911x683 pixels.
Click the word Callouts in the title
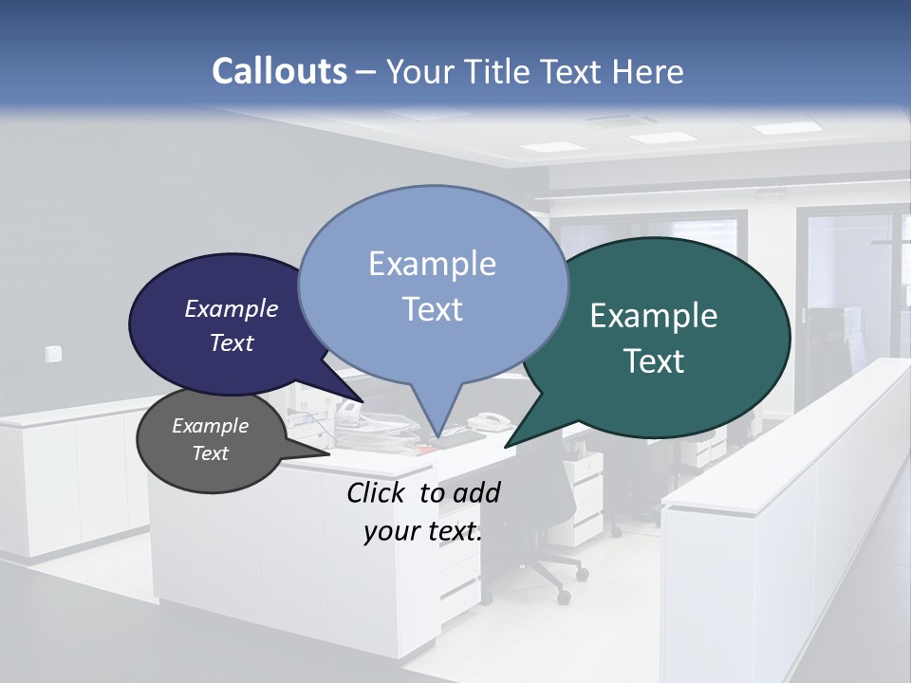tap(279, 71)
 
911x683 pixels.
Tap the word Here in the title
tap(649, 71)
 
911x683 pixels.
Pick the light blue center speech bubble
tap(432, 285)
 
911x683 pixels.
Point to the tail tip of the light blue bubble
tap(437, 438)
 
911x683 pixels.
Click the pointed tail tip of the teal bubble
tap(506, 447)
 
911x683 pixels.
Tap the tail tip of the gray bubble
tap(329, 452)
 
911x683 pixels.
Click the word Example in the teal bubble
tap(654, 316)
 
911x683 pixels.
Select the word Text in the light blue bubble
tap(433, 309)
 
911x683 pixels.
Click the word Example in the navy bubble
tap(232, 308)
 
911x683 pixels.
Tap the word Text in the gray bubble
tap(211, 453)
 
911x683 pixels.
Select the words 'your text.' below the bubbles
tap(423, 531)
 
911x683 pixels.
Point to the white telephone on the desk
tap(489, 420)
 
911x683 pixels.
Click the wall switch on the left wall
tap(53, 354)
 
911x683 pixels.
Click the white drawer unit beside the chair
tap(585, 493)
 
